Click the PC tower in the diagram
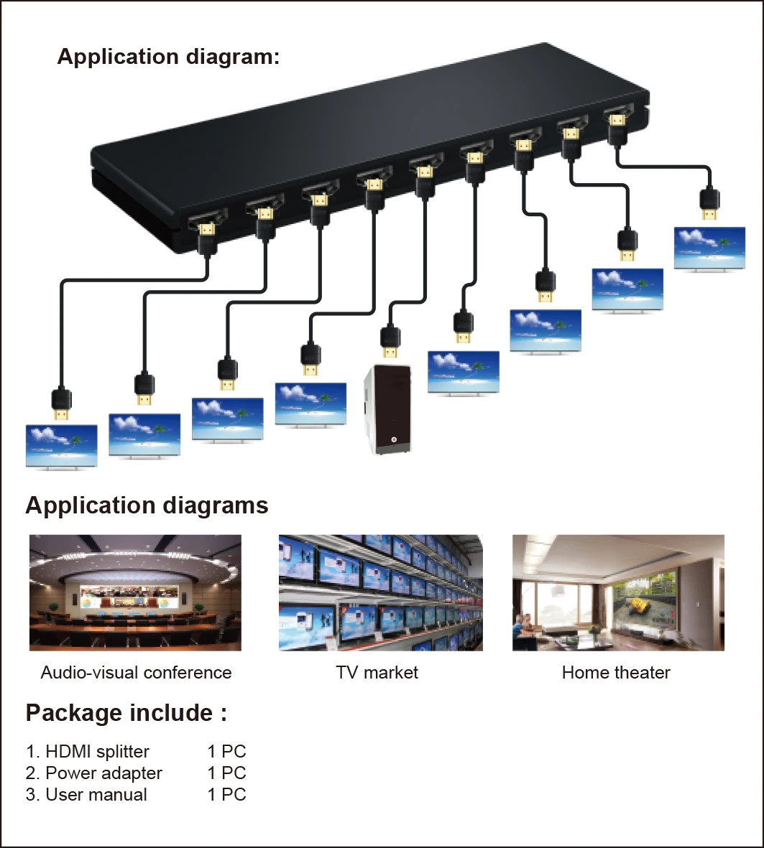[x=387, y=409]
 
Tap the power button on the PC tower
[x=394, y=439]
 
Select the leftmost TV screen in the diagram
[x=62, y=447]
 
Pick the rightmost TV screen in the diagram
[x=709, y=248]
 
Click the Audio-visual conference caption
[x=136, y=672]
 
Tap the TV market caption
[x=377, y=672]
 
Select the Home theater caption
[x=616, y=672]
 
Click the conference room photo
[x=135, y=592]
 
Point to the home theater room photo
[x=618, y=592]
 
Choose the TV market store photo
[x=381, y=592]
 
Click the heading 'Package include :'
[x=126, y=713]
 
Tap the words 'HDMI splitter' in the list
[x=98, y=751]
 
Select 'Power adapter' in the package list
[x=104, y=773]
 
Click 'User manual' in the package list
[x=96, y=794]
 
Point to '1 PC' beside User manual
[x=227, y=794]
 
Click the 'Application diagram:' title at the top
[x=168, y=56]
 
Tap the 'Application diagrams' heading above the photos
[x=147, y=505]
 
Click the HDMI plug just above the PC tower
[x=390, y=341]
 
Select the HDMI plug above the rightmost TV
[x=709, y=203]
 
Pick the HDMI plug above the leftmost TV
[x=61, y=405]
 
